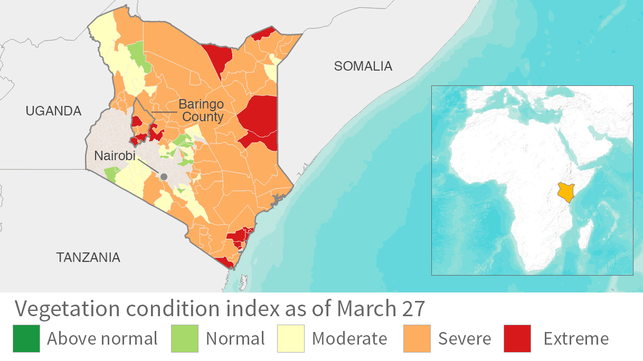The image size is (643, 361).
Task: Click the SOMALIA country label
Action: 363,66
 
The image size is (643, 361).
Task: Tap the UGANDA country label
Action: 53,111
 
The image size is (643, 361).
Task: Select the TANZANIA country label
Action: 88,257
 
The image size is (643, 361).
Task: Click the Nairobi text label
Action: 115,156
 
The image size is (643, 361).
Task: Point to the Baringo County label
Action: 201,110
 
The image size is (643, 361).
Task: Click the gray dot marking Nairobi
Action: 164,177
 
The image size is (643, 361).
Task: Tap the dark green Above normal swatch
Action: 26,338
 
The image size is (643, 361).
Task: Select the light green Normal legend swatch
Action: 185,338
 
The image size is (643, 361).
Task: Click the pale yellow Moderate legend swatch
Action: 291,338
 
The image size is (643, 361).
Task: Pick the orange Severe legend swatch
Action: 417,338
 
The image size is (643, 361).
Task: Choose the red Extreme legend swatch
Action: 517,338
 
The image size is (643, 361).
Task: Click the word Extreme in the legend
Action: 576,338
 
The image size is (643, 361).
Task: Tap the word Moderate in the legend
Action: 349,338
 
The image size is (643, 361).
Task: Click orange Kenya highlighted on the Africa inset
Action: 565,193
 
